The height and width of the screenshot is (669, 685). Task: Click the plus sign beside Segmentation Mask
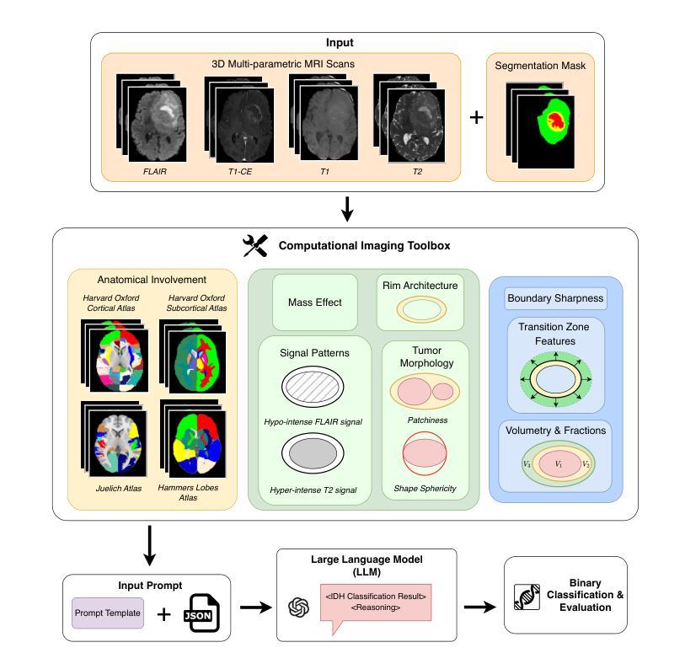click(476, 116)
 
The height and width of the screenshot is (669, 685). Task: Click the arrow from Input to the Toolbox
click(346, 209)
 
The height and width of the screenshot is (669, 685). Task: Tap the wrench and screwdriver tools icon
click(255, 246)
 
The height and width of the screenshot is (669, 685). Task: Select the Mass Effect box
click(315, 302)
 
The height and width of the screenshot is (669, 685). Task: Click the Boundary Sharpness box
click(555, 298)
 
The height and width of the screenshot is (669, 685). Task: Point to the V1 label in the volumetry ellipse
click(556, 464)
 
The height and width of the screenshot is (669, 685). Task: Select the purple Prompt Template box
click(108, 613)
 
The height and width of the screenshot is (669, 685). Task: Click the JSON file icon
click(202, 613)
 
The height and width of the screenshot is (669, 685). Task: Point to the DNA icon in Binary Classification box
click(527, 595)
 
